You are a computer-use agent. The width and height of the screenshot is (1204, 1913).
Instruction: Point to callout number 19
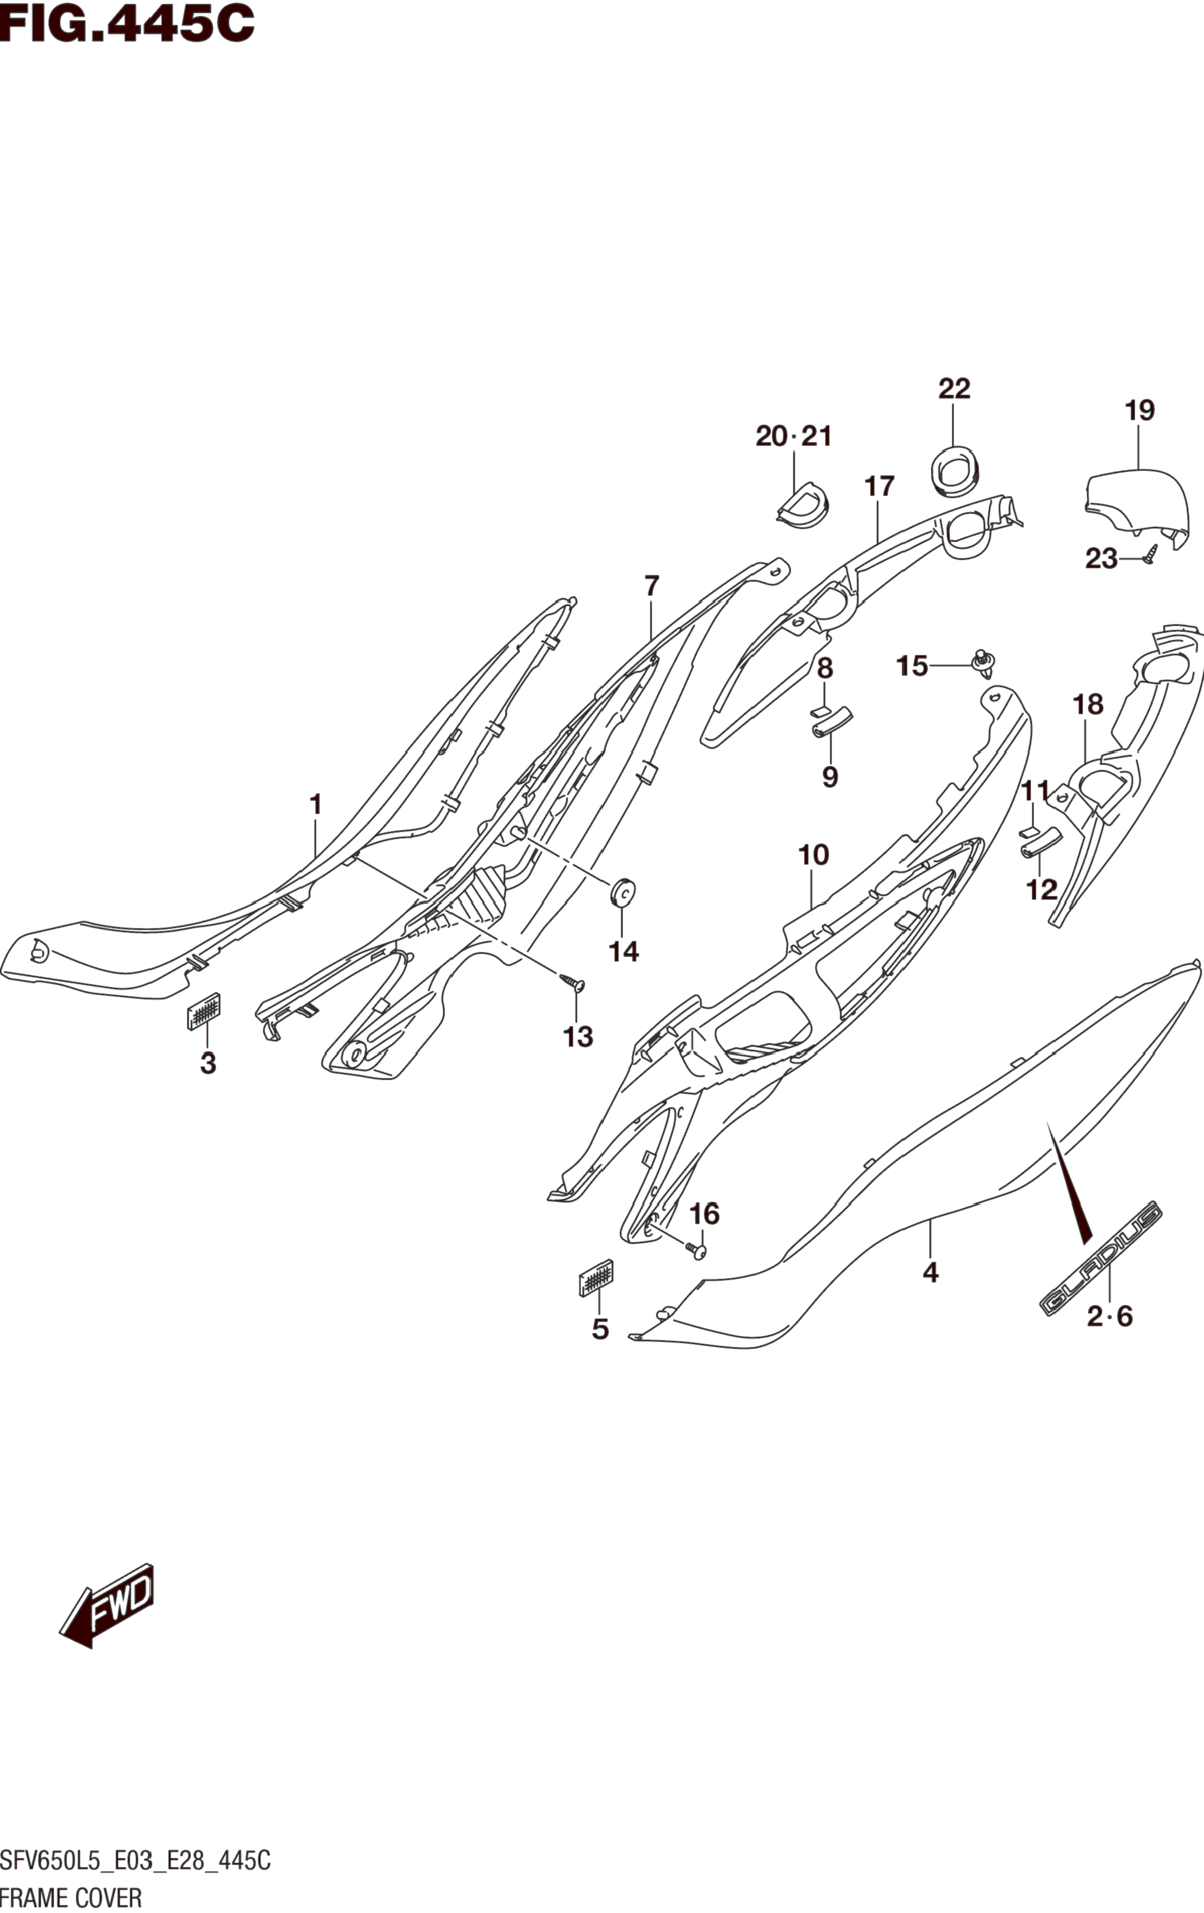point(1139,411)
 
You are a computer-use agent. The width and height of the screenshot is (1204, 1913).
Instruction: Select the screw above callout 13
point(572,982)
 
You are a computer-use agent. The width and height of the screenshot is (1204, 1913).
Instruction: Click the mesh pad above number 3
point(203,1011)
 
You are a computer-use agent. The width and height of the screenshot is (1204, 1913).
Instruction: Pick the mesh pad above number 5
point(596,1277)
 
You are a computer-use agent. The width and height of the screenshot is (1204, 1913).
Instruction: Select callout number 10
point(813,856)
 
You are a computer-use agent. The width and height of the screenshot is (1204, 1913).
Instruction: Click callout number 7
point(652,587)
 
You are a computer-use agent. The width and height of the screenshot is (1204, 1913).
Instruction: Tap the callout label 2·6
point(1109,1317)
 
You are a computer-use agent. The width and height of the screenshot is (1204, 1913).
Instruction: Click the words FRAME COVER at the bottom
point(71,1898)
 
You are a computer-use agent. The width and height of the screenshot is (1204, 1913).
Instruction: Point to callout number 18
point(1088,704)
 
